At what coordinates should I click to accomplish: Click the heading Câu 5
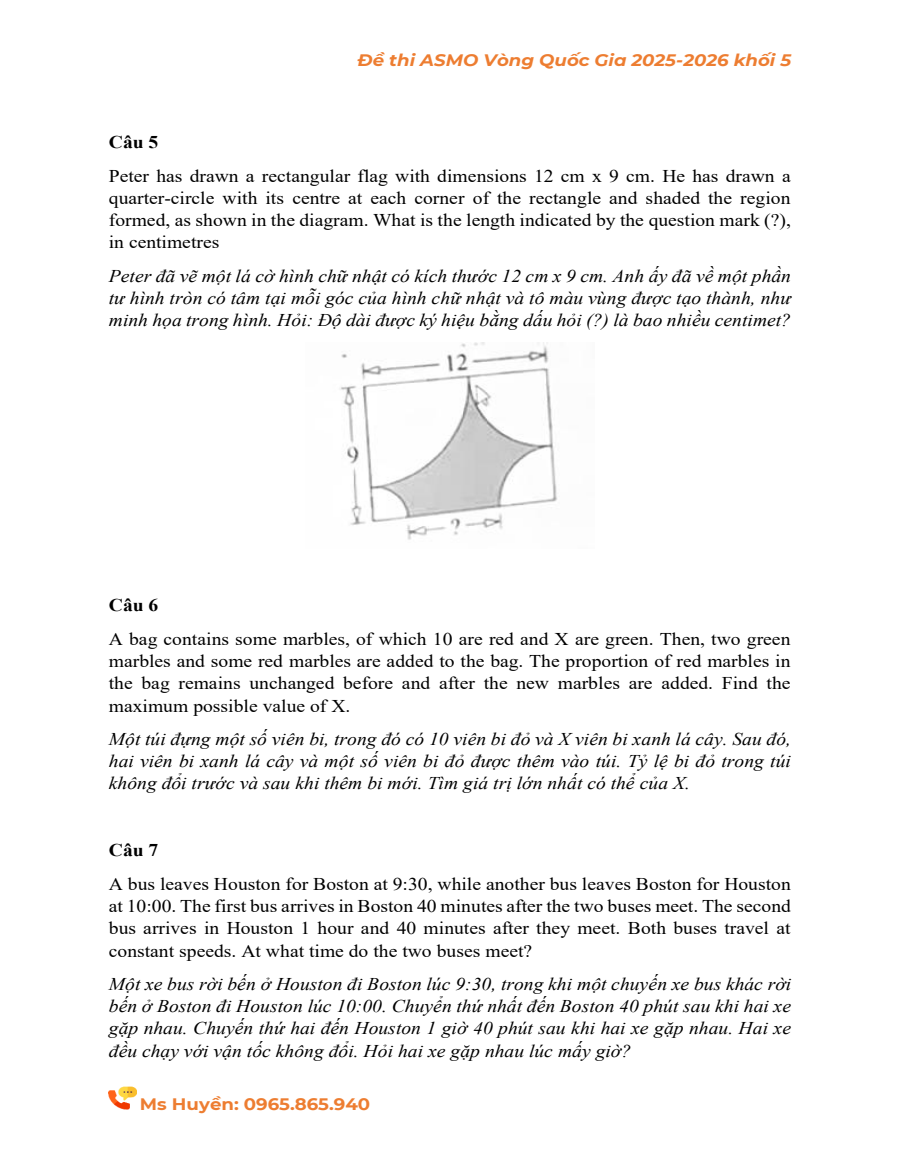(x=133, y=142)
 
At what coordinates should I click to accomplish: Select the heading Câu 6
(x=133, y=605)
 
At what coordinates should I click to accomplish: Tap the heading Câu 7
(x=133, y=850)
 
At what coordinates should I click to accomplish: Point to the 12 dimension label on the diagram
(x=457, y=363)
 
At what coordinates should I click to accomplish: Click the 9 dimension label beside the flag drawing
(x=351, y=455)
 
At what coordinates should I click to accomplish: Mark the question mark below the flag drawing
(x=455, y=525)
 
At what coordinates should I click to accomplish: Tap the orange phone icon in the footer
(x=121, y=1099)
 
